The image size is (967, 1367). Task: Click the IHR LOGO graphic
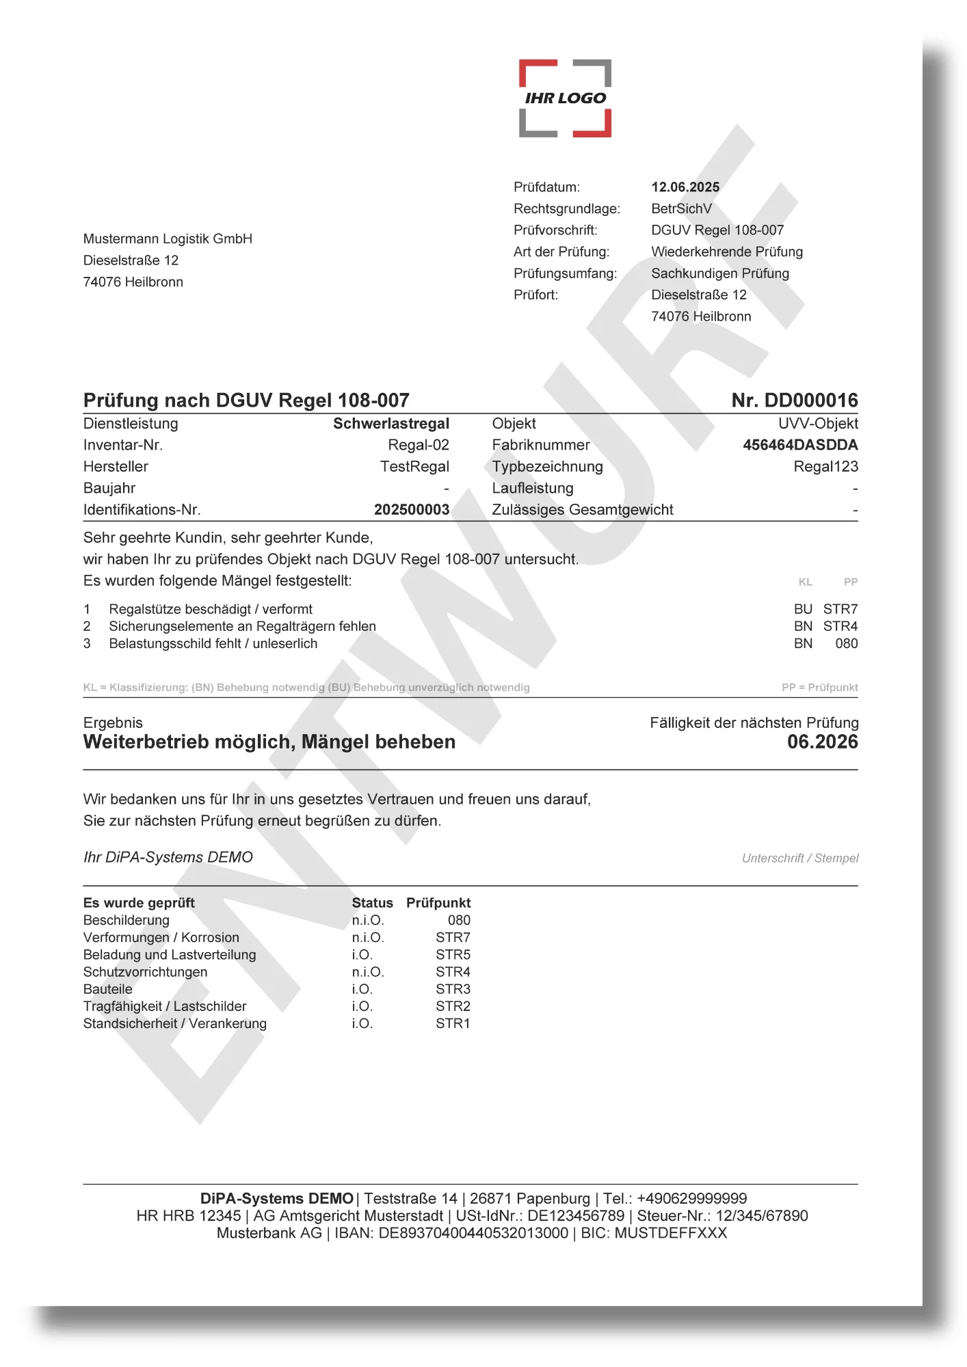pos(565,98)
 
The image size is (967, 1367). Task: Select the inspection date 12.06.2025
pos(685,187)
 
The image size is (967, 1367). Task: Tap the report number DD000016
pos(810,401)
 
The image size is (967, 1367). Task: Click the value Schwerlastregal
pos(391,424)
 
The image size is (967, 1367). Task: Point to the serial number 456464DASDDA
pos(800,445)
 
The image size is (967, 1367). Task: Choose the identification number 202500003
pos(412,510)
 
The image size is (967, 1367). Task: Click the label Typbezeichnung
pos(547,467)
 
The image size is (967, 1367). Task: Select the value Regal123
pos(825,467)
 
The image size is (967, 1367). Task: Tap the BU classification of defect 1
pos(803,609)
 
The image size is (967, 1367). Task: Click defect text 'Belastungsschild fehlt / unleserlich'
pos(213,643)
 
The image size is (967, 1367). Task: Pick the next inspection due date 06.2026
pos(822,742)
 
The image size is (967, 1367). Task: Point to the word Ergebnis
pos(113,722)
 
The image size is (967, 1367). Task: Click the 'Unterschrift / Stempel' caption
pos(800,858)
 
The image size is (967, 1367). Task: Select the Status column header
pos(372,903)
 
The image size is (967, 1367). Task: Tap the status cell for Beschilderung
pos(368,920)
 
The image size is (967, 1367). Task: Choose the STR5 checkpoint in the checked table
pos(453,955)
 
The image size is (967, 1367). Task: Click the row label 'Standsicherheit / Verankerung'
pos(175,1023)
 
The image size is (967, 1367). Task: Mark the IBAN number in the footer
pos(473,1233)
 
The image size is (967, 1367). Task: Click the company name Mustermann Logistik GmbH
pos(168,239)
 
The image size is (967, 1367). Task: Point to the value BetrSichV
pos(681,208)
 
